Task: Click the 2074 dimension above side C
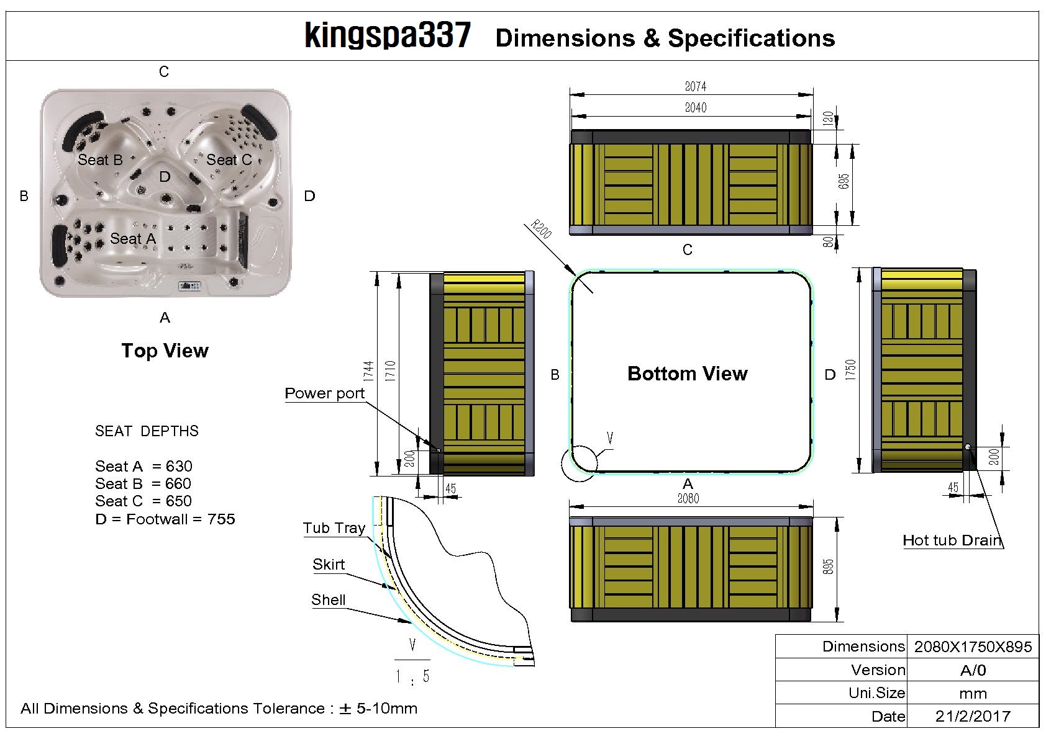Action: [x=695, y=87]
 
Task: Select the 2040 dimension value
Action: [x=695, y=108]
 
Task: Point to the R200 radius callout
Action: [x=540, y=230]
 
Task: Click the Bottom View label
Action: [x=687, y=374]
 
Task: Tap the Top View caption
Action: [x=165, y=351]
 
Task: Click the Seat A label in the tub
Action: [x=133, y=238]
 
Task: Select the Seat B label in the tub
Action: [x=100, y=159]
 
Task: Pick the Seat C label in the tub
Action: [x=229, y=159]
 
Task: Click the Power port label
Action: [x=324, y=393]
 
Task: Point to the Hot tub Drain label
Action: [x=952, y=540]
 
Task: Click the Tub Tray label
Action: [x=334, y=528]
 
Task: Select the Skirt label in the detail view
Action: [x=329, y=565]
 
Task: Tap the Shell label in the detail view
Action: [x=328, y=600]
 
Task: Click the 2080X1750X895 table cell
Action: [x=973, y=647]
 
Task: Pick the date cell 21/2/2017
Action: [x=973, y=716]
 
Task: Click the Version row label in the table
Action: [x=878, y=670]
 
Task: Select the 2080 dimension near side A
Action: [x=688, y=498]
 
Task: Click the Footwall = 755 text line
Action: [x=165, y=519]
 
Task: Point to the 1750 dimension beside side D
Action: [x=850, y=370]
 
